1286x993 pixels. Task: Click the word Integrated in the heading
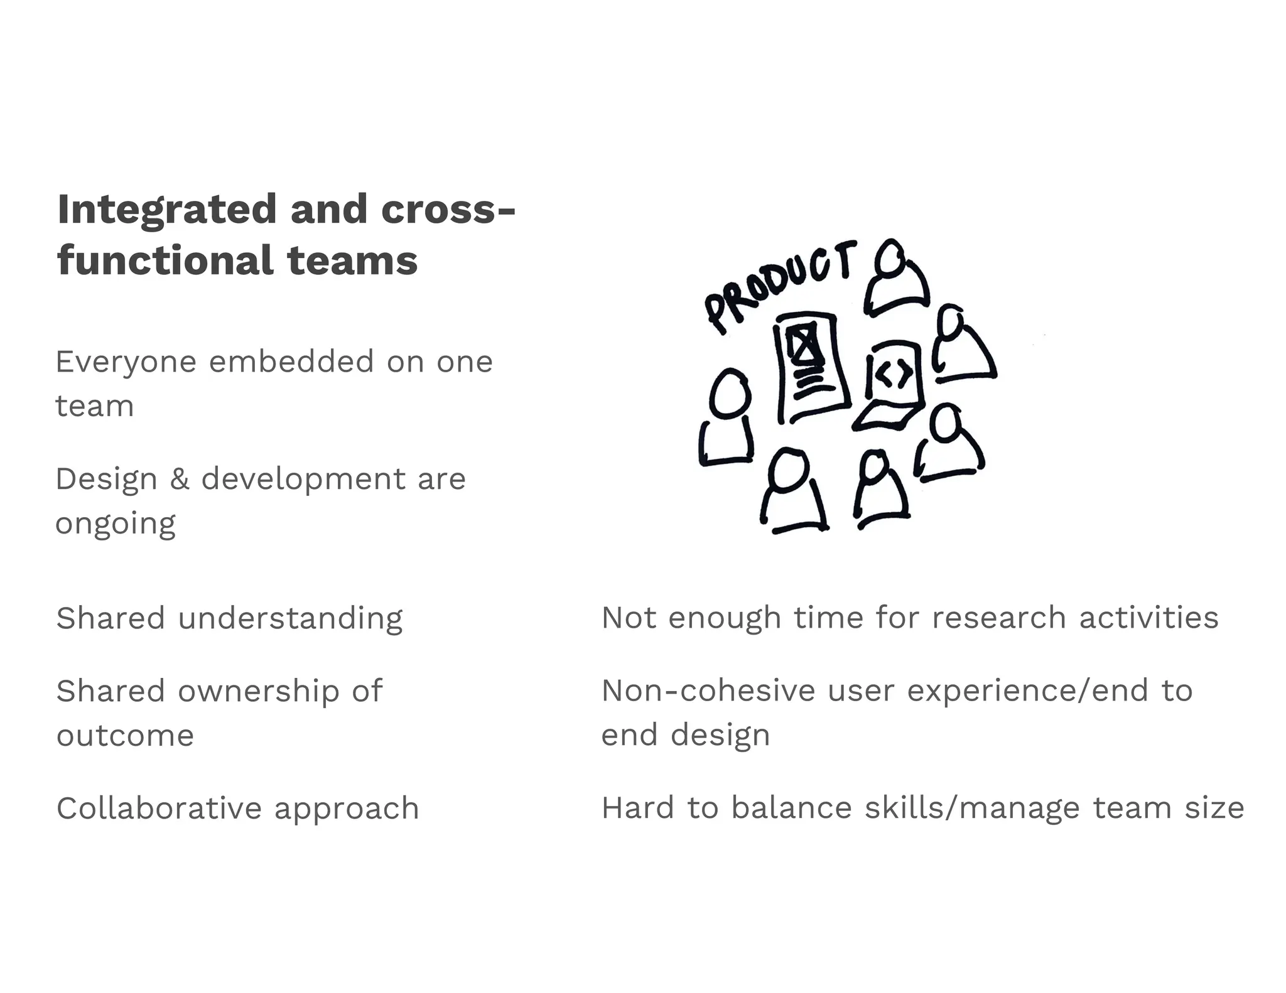point(166,210)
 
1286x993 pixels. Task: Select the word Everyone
point(126,362)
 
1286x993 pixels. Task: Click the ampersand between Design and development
point(179,480)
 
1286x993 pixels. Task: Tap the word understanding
point(290,619)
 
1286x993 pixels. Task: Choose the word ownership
point(259,692)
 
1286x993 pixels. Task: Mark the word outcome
point(125,736)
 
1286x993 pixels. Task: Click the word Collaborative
point(158,809)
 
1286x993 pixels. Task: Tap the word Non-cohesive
point(708,692)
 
